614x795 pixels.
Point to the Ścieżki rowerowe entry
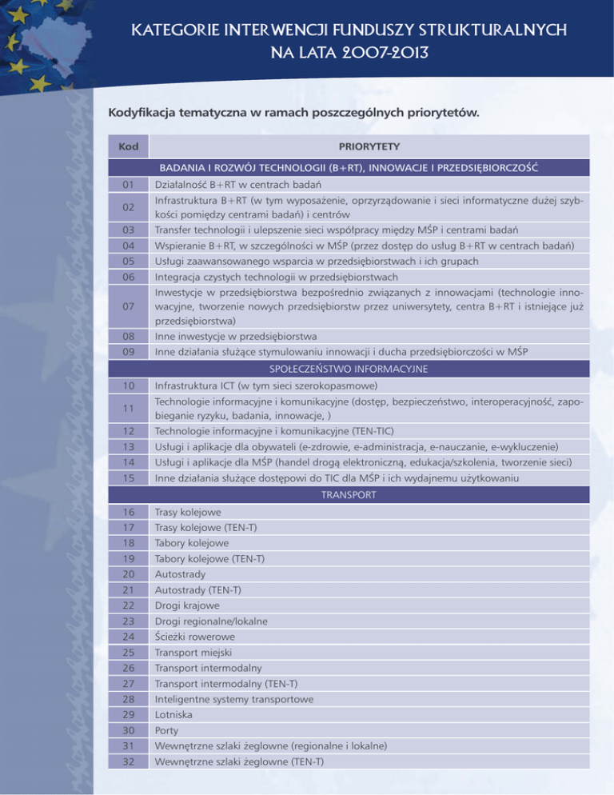pyautogui.click(x=195, y=637)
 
